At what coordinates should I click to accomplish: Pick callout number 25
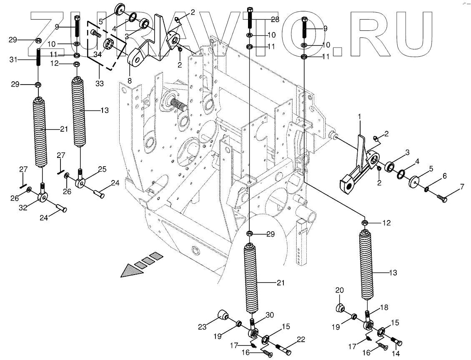pos(103,169)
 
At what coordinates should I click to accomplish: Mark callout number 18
pos(383,307)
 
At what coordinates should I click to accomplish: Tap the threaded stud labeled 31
pos(39,57)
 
